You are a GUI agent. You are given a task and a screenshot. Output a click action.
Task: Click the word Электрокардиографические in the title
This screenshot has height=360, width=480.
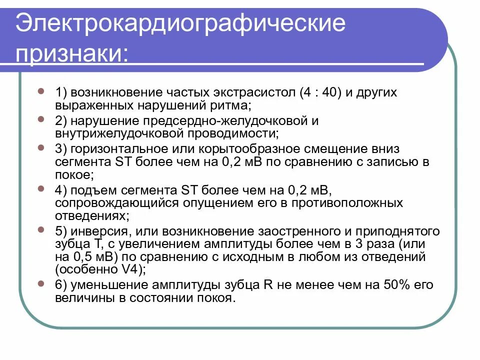180,23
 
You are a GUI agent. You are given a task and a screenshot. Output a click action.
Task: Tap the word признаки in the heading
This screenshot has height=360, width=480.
70,52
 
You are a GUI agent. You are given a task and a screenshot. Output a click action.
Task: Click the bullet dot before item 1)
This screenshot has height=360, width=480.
41,91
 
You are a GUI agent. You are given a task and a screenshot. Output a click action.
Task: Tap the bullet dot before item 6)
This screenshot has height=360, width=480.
41,283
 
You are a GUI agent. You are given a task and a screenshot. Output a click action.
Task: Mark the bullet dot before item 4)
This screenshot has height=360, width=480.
41,189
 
